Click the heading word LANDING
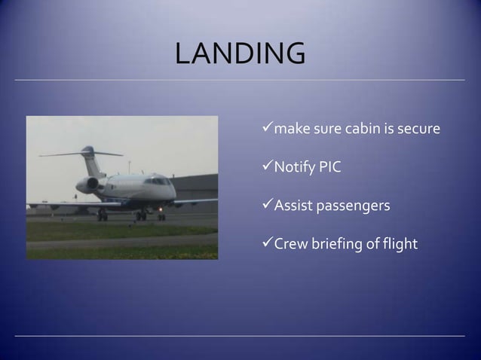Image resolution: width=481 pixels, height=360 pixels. coord(240,54)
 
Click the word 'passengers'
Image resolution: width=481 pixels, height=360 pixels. coord(352,205)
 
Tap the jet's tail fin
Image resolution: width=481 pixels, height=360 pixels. coord(88,158)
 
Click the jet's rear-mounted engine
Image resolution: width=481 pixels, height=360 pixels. coord(88,185)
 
